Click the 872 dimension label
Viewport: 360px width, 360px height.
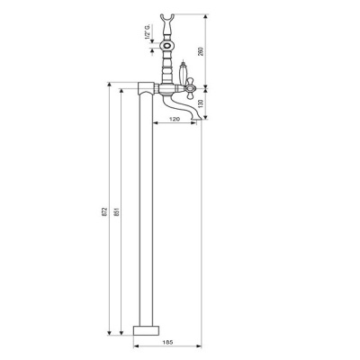[104, 211]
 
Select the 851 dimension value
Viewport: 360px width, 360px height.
[117, 211]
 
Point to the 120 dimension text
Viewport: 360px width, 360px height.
[175, 119]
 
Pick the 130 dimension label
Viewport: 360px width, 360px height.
[201, 103]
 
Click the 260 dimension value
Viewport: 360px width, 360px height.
[201, 51]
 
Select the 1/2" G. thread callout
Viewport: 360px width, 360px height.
[148, 32]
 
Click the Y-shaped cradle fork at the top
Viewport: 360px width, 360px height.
[166, 20]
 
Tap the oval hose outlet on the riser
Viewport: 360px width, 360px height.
[166, 47]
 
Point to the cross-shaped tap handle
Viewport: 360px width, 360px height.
[191, 88]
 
